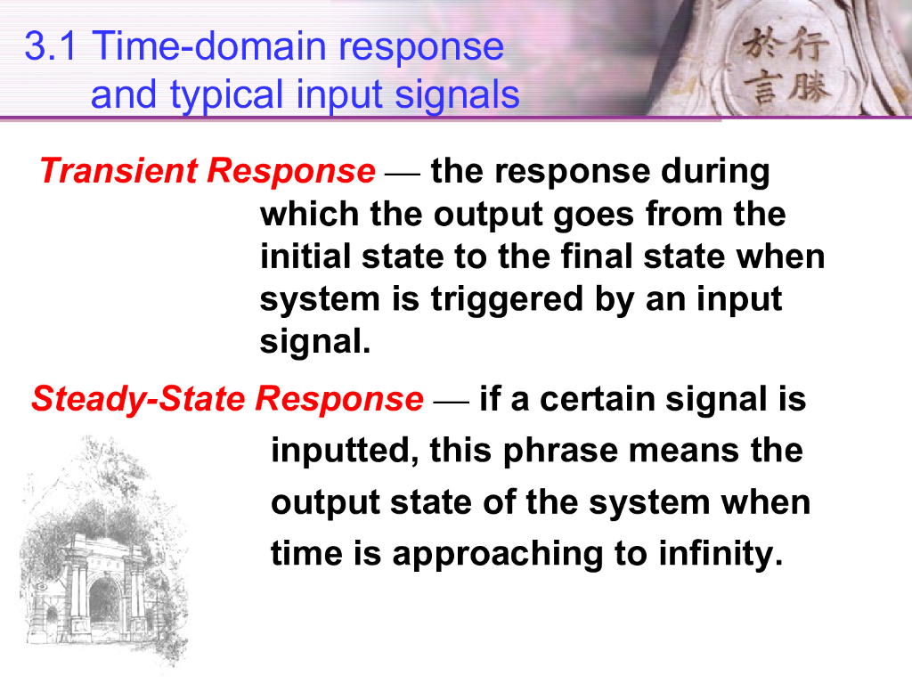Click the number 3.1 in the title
pyautogui.click(x=50, y=46)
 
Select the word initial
pyautogui.click(x=305, y=256)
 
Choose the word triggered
pyautogui.click(x=507, y=299)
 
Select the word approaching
pyautogui.click(x=498, y=554)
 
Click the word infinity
pyautogui.click(x=721, y=553)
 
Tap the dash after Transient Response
pyautogui.click(x=403, y=173)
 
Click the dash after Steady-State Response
pyautogui.click(x=452, y=402)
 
